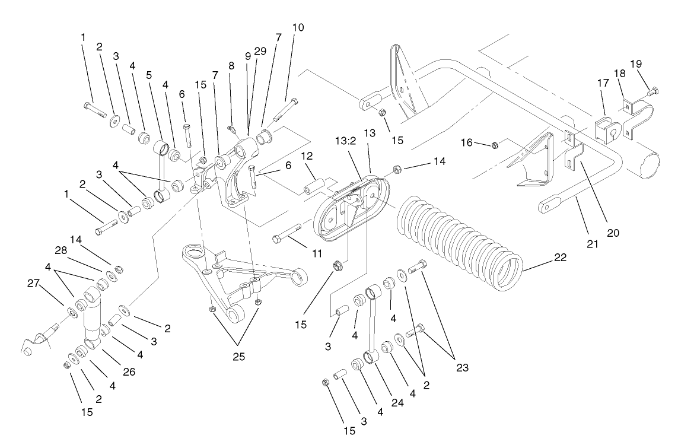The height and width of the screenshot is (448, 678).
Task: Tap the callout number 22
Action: pos(560,258)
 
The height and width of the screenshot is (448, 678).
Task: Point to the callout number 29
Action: pos(260,52)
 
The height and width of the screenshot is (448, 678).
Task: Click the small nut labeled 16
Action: pos(494,144)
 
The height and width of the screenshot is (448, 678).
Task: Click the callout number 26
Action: pos(129,373)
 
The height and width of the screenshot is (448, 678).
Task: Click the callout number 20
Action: pos(613,233)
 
